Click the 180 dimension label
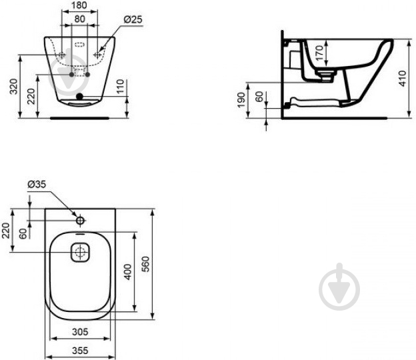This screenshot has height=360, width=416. pyautogui.click(x=79, y=5)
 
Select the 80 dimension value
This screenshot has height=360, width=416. pyautogui.click(x=79, y=19)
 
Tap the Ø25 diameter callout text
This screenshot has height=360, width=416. pyautogui.click(x=133, y=19)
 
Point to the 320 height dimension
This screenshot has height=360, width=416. pyautogui.click(x=13, y=87)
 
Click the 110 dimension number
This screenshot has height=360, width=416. pyautogui.click(x=120, y=86)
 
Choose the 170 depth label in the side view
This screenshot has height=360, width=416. pyautogui.click(x=319, y=53)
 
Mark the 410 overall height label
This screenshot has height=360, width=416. pyautogui.click(x=403, y=78)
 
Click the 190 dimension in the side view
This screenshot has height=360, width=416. pyautogui.click(x=241, y=100)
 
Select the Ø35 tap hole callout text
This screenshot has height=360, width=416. pyautogui.click(x=37, y=184)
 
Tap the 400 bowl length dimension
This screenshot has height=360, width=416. pyautogui.click(x=127, y=271)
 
